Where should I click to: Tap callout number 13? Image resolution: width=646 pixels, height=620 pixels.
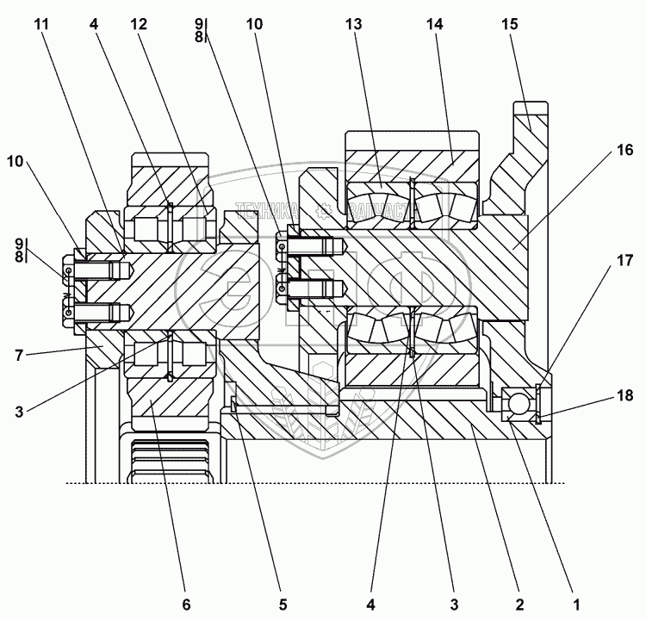coord(354,25)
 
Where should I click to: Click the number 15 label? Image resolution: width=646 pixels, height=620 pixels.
coord(510,25)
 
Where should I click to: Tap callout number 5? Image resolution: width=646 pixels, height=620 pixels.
coord(281,603)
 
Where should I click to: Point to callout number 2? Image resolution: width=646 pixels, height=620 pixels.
coord(519,603)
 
